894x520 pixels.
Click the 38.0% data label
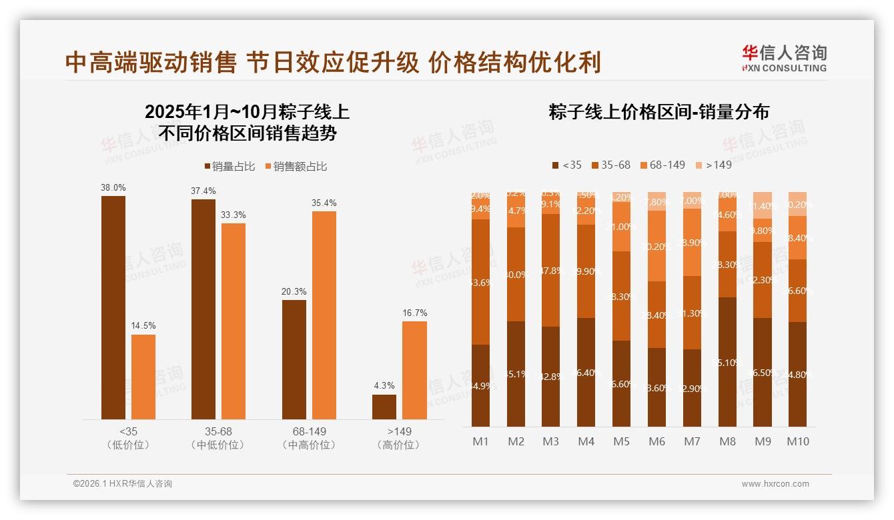pos(113,188)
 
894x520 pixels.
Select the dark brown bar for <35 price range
pos(113,307)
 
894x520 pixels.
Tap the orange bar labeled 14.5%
pos(143,377)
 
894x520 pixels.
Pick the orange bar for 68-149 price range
pos(324,315)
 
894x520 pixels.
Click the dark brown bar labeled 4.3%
pos(384,407)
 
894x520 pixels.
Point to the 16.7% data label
pos(415,313)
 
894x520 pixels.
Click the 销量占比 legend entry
pos(229,166)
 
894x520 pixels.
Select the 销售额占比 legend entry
pos(296,166)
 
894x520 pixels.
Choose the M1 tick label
pos(481,441)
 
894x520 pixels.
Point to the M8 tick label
pos(727,441)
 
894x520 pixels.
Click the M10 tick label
pos(797,441)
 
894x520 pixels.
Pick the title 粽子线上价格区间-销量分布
pos(659,111)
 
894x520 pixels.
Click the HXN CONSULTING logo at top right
pos(784,59)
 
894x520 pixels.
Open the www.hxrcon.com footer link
pos(775,484)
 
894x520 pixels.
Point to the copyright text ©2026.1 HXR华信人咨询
pos(123,484)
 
